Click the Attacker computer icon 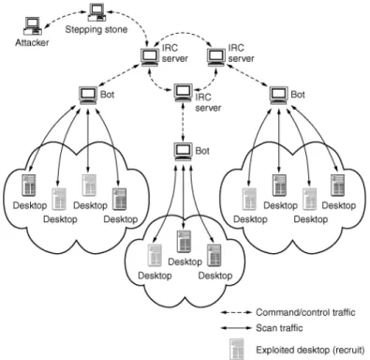(x=33, y=26)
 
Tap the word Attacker (x=32, y=42)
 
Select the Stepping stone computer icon (x=97, y=13)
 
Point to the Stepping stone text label (x=96, y=29)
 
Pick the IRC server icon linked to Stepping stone (x=151, y=57)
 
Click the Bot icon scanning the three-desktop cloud (x=184, y=151)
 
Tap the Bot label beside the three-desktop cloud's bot (x=202, y=151)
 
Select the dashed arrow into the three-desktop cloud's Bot (x=183, y=121)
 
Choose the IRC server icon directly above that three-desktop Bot (x=184, y=93)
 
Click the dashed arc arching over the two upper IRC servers (x=184, y=35)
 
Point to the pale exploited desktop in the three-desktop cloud (x=155, y=255)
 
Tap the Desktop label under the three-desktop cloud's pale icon (x=155, y=276)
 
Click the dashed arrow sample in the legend (x=236, y=312)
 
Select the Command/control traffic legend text (x=305, y=312)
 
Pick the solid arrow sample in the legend (x=236, y=328)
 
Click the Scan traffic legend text (x=279, y=328)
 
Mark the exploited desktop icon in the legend (x=236, y=350)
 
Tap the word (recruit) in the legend (x=349, y=350)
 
